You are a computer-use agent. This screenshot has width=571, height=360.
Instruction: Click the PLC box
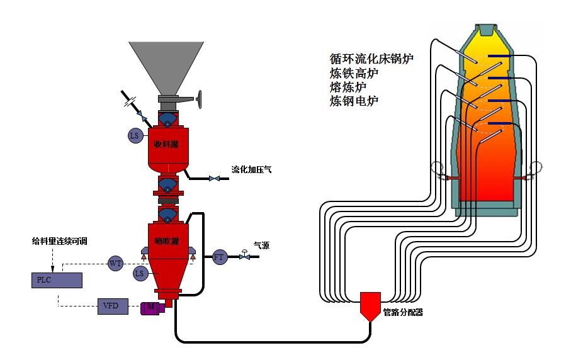pyautogui.click(x=56, y=279)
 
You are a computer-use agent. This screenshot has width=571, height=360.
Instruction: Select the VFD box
pyautogui.click(x=113, y=307)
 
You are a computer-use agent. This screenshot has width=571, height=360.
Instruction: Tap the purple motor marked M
pyautogui.click(x=152, y=307)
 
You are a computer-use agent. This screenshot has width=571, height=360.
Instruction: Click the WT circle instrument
pyautogui.click(x=115, y=263)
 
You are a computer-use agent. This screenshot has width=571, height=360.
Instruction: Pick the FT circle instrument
pyautogui.click(x=219, y=257)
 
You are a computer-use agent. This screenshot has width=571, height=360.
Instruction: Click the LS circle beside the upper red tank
pyautogui.click(x=134, y=135)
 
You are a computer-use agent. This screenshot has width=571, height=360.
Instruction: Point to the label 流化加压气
pyautogui.click(x=251, y=170)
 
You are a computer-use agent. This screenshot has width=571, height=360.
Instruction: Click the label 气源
pyautogui.click(x=261, y=245)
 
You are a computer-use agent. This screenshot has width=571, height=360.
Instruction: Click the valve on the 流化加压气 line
pyautogui.click(x=215, y=179)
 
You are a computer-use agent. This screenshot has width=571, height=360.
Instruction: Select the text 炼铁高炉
pyautogui.click(x=354, y=73)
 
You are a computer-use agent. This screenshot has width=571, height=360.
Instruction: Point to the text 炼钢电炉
pyautogui.click(x=354, y=101)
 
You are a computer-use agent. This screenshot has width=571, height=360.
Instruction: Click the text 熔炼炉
pyautogui.click(x=348, y=87)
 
